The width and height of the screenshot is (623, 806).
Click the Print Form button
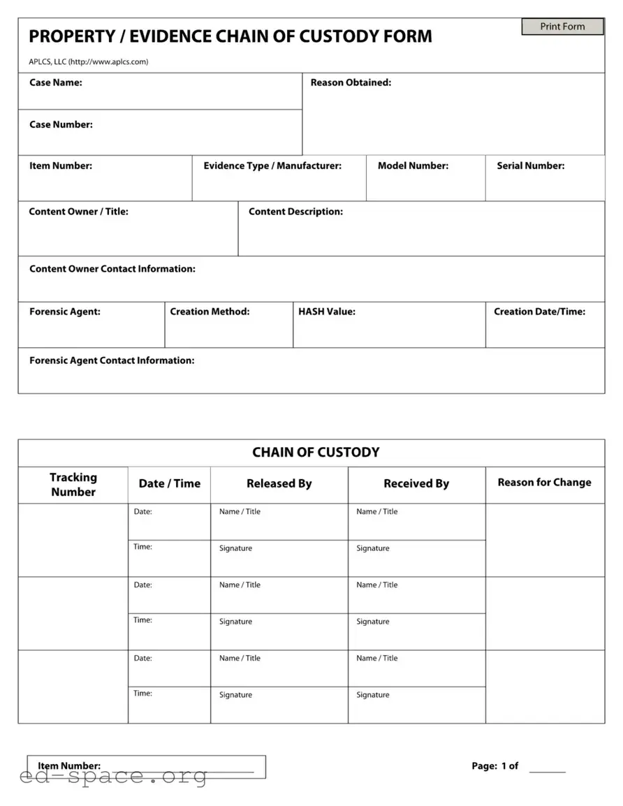click(562, 27)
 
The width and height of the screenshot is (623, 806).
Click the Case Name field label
click(55, 82)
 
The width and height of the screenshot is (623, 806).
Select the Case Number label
click(61, 124)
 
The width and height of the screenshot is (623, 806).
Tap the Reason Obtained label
click(351, 82)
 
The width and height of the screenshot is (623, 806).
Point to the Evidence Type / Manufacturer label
click(272, 166)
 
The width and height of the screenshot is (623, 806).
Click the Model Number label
click(413, 166)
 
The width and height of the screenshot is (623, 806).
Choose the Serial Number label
click(530, 166)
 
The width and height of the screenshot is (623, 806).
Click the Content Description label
click(295, 212)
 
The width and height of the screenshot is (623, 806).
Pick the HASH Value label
click(327, 312)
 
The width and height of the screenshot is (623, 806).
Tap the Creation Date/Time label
click(539, 312)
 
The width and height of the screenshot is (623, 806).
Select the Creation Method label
click(210, 312)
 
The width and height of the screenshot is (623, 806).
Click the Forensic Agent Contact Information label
click(112, 360)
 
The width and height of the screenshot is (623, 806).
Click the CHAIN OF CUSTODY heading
click(316, 453)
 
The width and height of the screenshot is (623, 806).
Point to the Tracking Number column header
click(73, 485)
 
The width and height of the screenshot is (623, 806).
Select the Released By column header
click(279, 483)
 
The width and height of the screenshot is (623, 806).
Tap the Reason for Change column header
click(544, 483)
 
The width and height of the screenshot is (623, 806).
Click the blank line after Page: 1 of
click(547, 768)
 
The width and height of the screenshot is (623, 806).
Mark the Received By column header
click(416, 483)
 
